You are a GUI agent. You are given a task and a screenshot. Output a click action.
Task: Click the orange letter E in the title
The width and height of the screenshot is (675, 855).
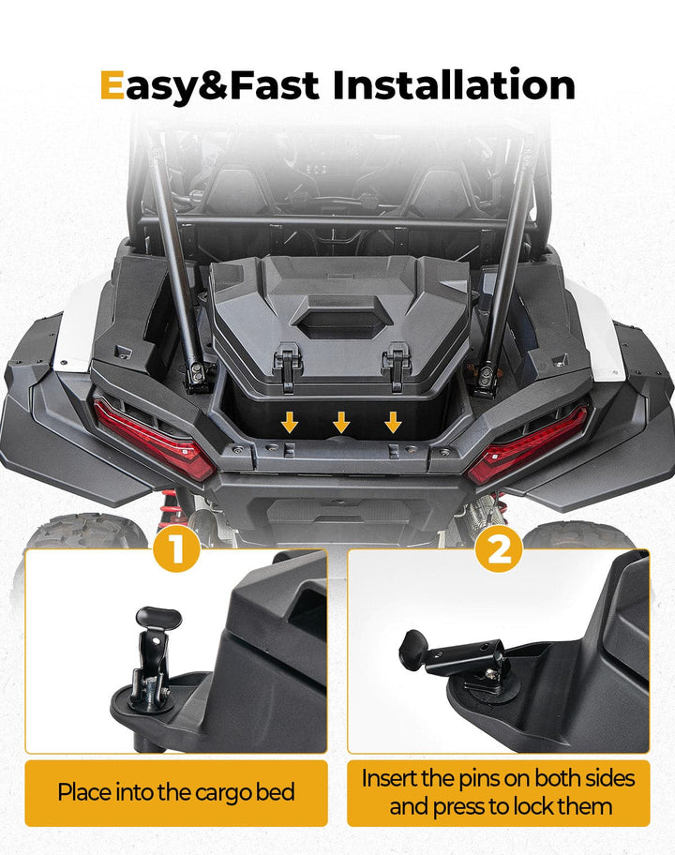click(112, 85)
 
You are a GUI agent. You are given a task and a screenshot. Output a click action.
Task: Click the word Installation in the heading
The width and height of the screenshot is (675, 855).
click(454, 85)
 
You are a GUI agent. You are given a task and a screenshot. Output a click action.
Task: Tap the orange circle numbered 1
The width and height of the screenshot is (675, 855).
click(176, 551)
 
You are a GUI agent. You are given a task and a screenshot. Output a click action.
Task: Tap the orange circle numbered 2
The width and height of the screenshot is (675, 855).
click(499, 551)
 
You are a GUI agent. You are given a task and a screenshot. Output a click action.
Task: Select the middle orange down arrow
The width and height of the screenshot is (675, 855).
click(341, 422)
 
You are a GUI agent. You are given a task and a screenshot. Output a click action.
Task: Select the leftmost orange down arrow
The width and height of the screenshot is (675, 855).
click(291, 422)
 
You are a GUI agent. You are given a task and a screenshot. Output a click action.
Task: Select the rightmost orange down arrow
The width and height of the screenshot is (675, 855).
click(392, 422)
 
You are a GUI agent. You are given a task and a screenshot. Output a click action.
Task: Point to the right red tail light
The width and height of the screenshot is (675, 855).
click(532, 439)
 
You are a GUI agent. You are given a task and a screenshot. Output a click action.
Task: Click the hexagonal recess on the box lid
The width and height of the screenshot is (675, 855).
click(339, 321)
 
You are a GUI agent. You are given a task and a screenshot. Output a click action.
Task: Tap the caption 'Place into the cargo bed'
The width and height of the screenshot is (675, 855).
click(176, 792)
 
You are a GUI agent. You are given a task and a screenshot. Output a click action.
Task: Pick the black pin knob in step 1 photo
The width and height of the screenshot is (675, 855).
click(157, 619)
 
